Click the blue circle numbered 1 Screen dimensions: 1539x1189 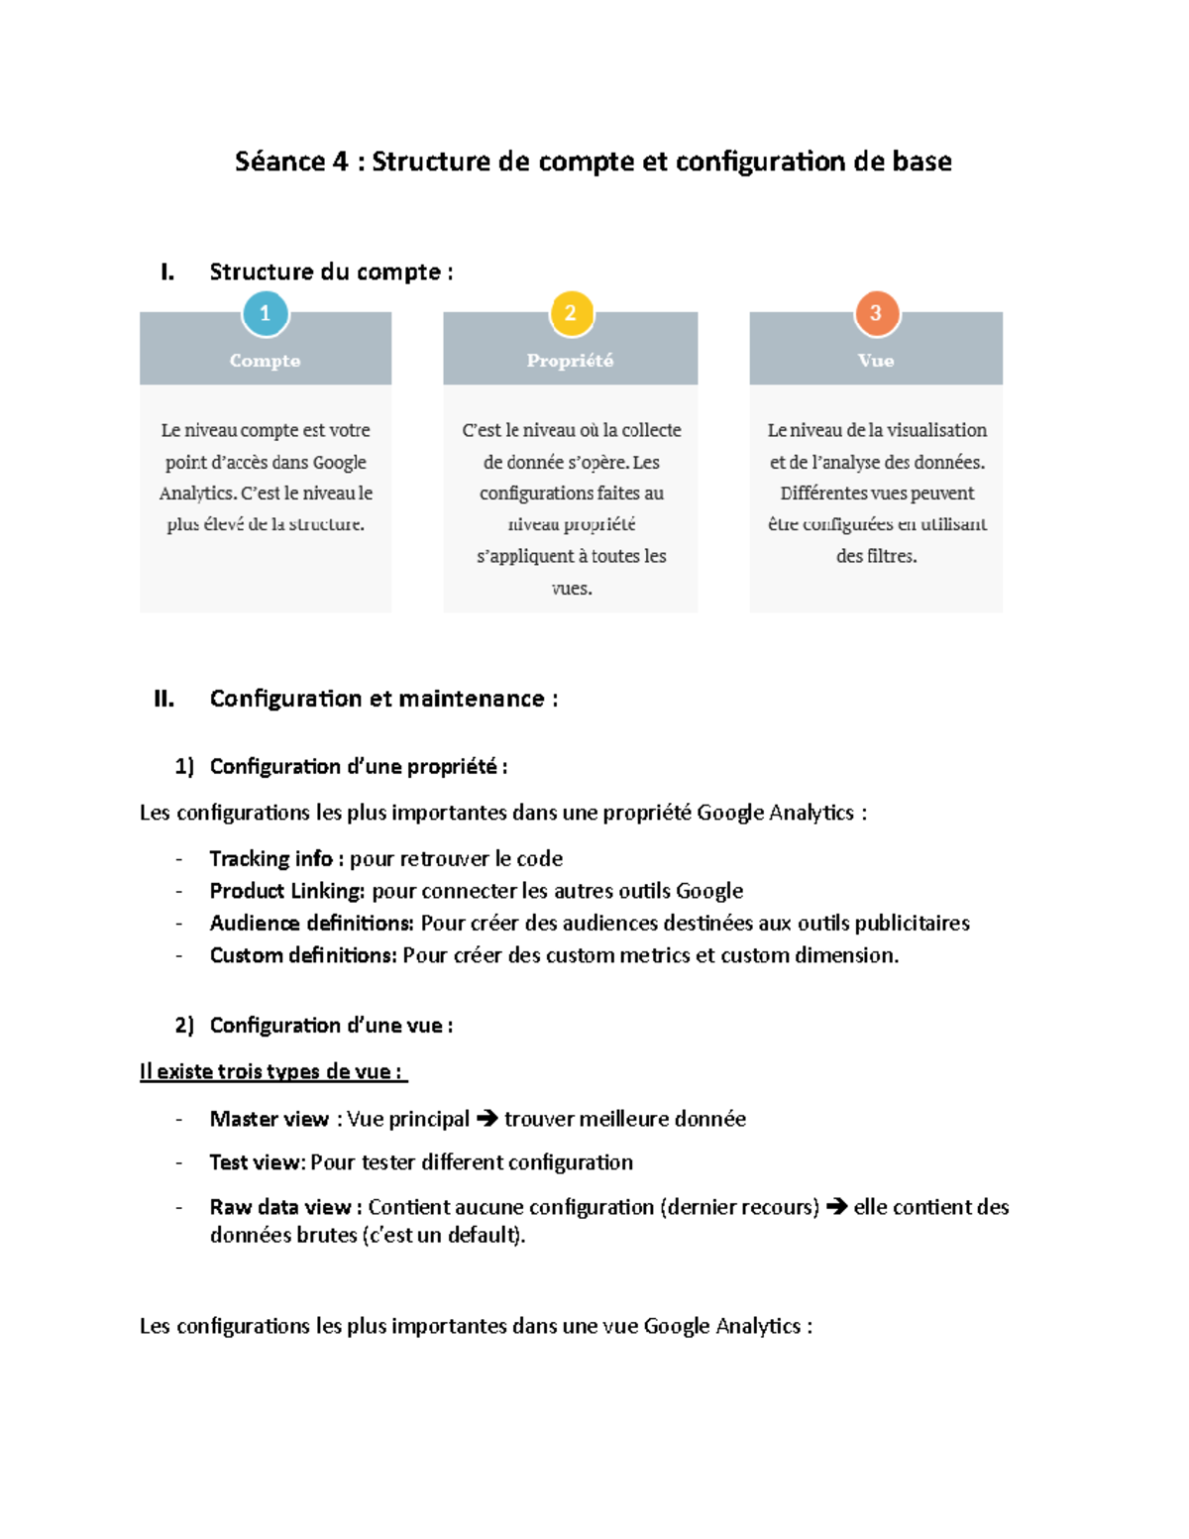(265, 313)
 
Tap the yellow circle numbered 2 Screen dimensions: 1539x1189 (571, 313)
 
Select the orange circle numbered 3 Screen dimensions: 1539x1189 (876, 313)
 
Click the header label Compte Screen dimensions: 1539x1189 (265, 361)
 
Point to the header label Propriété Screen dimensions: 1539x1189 (570, 361)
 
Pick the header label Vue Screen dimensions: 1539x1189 (876, 361)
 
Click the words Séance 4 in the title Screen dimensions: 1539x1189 (291, 162)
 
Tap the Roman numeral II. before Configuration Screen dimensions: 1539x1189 (164, 699)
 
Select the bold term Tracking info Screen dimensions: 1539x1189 (270, 858)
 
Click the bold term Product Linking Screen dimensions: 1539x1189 (286, 891)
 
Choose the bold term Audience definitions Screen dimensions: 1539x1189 (311, 923)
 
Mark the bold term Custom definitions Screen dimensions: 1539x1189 (302, 955)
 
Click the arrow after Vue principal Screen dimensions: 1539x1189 (486, 1119)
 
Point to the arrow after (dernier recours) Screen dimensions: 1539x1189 (836, 1207)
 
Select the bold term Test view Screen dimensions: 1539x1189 (256, 1162)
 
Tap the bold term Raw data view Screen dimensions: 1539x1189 (279, 1207)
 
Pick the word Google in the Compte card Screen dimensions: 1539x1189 (339, 462)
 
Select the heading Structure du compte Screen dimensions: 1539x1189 (325, 272)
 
